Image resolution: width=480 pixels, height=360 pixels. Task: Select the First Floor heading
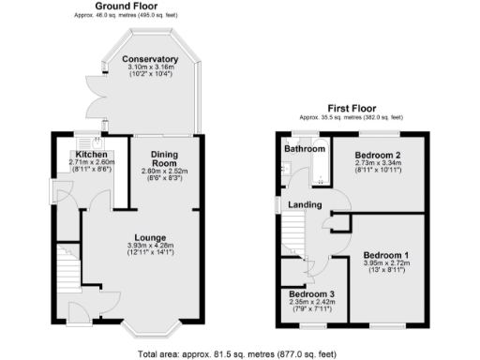pos(351,108)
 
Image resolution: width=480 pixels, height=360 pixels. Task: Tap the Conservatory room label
pos(150,59)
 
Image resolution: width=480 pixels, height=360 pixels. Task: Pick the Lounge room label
pos(150,238)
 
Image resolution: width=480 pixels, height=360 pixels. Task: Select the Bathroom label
pos(307,149)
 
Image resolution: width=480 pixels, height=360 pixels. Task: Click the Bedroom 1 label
pos(386,254)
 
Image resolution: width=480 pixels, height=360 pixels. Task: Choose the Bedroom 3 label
pos(312,294)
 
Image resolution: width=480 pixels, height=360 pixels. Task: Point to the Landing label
pos(306,205)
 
